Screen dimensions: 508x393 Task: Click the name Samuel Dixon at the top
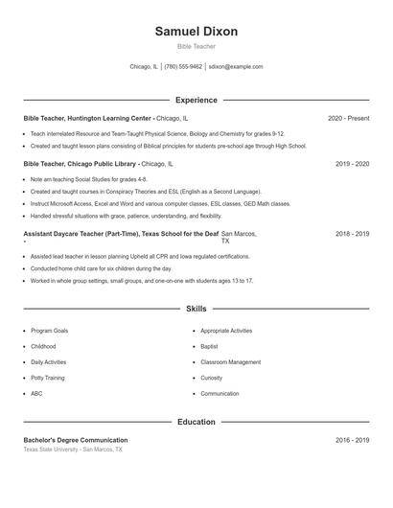point(196,32)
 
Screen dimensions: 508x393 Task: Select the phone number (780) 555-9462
point(183,67)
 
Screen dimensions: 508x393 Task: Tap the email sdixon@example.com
point(236,67)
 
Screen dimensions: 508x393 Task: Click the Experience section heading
point(196,100)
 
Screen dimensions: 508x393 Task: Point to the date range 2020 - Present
point(348,118)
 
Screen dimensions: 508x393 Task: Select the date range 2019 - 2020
point(352,164)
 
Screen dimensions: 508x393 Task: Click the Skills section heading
point(196,309)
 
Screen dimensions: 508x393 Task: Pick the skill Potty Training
point(49,378)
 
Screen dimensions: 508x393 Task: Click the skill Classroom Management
point(230,362)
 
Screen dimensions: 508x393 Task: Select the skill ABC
point(36,394)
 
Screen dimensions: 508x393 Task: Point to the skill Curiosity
point(212,378)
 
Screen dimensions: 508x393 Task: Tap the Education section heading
point(196,422)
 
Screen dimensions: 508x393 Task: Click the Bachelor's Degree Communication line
point(76,440)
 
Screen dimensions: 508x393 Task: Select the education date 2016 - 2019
point(352,440)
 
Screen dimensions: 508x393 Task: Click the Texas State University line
point(73,449)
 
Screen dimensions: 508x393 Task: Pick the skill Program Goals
point(49,330)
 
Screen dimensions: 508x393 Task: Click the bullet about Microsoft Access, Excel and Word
point(160,204)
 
